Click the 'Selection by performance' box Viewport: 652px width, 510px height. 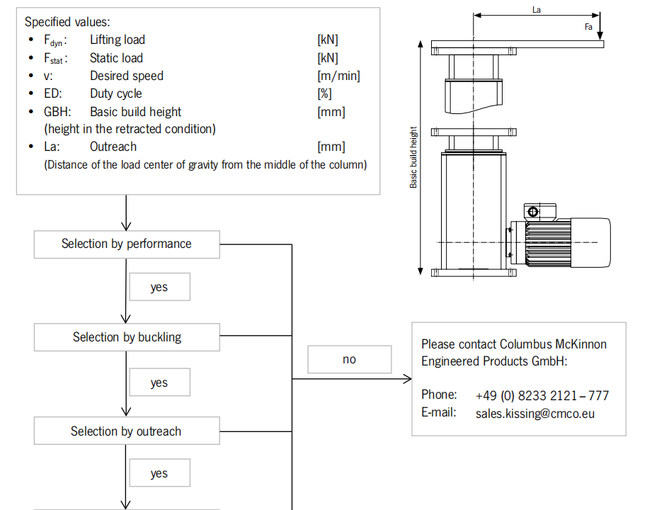point(127,244)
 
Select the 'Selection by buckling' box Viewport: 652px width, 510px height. point(127,337)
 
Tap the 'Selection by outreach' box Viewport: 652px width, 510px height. point(126,431)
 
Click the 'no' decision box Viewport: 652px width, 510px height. point(349,359)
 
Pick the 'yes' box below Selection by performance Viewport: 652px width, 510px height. point(159,288)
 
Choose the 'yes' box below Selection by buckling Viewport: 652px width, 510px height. point(159,382)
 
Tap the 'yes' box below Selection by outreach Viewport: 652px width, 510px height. point(159,473)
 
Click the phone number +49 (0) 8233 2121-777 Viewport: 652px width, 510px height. point(542,395)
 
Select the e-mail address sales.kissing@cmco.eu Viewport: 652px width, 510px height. point(534,413)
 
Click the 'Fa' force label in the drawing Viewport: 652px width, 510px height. point(588,27)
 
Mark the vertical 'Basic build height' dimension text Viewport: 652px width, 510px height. point(413,157)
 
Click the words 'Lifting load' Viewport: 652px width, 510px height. point(117,40)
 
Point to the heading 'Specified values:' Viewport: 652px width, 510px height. point(67,22)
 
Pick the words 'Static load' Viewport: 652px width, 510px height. point(116,58)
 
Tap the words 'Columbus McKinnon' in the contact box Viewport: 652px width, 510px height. point(553,344)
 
